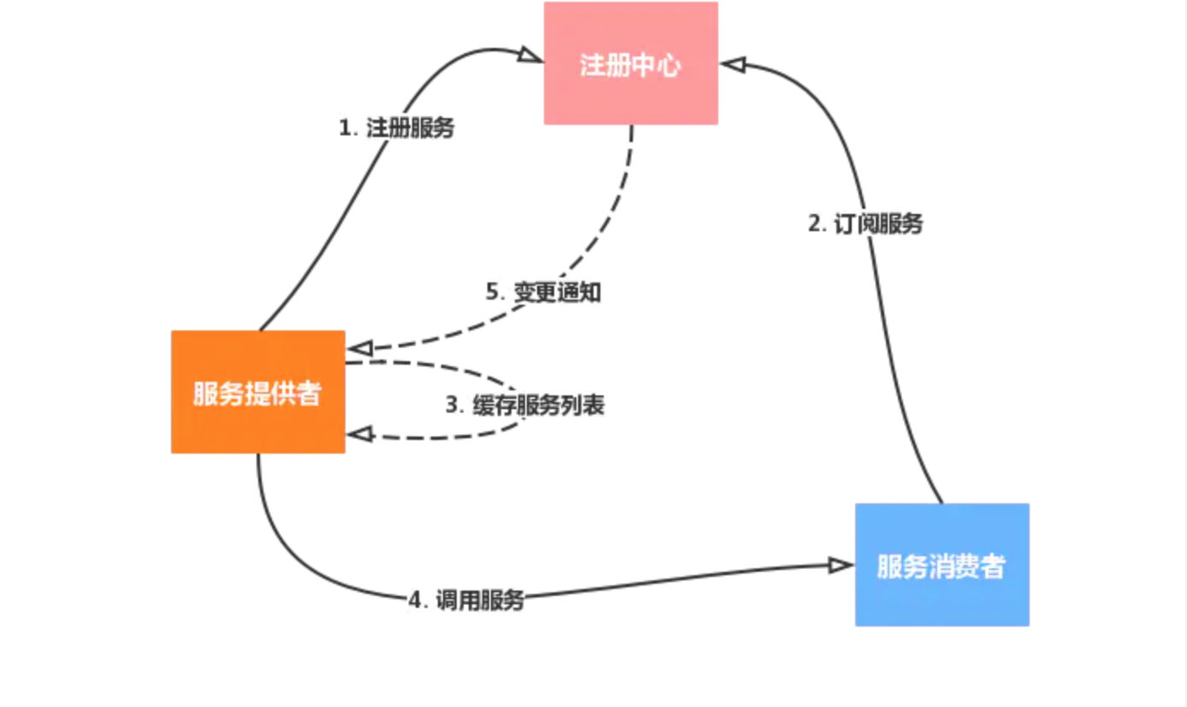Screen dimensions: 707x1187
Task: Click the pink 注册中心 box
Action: point(631,63)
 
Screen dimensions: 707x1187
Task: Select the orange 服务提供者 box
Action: point(258,392)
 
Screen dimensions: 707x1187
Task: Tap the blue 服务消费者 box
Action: point(942,565)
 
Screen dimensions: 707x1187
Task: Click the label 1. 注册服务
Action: point(397,129)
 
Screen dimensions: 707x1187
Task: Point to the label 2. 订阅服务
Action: point(865,224)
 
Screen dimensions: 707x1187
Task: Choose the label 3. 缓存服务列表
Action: point(525,405)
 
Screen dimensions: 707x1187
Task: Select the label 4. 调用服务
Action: point(466,601)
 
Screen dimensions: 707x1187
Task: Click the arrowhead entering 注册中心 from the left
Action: point(531,56)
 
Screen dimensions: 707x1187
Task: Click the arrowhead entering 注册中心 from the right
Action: point(733,64)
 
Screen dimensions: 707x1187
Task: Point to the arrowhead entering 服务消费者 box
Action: point(842,565)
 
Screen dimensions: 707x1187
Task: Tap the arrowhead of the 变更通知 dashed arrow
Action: point(359,348)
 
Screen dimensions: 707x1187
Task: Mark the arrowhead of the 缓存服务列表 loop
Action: point(359,435)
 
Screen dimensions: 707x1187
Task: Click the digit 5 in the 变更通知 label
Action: point(493,292)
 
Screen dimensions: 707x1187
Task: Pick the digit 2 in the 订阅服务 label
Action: point(814,224)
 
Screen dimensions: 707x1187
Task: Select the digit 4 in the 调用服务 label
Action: point(415,601)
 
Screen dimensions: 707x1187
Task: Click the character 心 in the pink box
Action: point(669,66)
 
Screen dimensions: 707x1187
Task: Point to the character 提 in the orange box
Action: point(257,395)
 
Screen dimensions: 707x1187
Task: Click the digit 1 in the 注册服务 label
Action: point(345,129)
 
